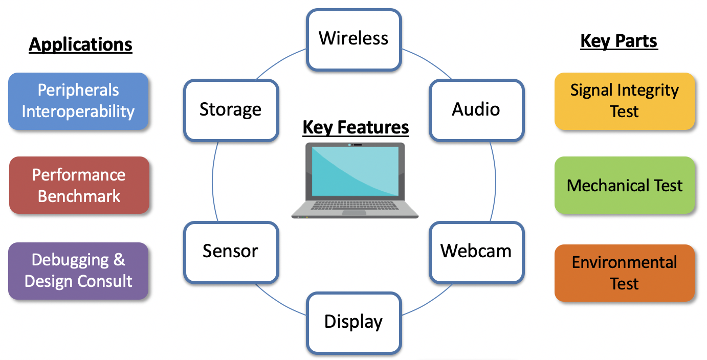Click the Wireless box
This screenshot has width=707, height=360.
point(353,39)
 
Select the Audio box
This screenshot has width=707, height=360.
point(476,109)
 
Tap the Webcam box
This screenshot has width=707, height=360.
point(476,251)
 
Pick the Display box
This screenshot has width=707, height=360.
point(353,322)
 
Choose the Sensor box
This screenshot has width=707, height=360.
point(231,251)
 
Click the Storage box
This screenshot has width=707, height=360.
point(231,109)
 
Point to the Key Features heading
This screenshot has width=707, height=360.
point(356,127)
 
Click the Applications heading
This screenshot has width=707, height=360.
point(81,44)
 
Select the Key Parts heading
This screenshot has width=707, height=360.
point(619,41)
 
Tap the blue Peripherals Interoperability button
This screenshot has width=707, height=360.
point(78,101)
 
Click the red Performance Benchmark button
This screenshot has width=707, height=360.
point(79,185)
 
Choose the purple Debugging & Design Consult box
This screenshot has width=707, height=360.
point(78,271)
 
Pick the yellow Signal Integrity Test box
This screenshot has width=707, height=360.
point(625,101)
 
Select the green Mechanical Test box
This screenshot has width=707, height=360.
point(625,185)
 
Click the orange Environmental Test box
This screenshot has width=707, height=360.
point(625,273)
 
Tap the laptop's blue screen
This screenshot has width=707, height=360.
point(355,171)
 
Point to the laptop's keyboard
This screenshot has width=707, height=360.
point(355,206)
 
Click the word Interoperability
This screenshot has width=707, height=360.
point(78,111)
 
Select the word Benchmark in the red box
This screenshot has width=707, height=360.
point(79,196)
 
